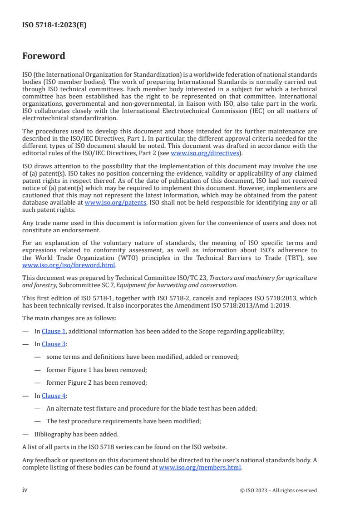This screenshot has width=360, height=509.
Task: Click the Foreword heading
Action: point(44,56)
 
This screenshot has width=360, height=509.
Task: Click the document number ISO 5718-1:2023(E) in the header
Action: point(54,25)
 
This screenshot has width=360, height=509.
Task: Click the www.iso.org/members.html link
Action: point(200,467)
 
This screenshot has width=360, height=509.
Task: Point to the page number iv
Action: point(25,490)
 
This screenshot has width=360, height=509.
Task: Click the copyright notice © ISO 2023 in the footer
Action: point(278,490)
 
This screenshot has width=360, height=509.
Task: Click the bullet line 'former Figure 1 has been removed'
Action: point(96,370)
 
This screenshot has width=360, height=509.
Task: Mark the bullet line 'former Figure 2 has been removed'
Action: point(96,382)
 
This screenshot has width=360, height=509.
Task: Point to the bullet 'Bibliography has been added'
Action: point(76,434)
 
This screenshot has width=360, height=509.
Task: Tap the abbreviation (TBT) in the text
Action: point(295,259)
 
